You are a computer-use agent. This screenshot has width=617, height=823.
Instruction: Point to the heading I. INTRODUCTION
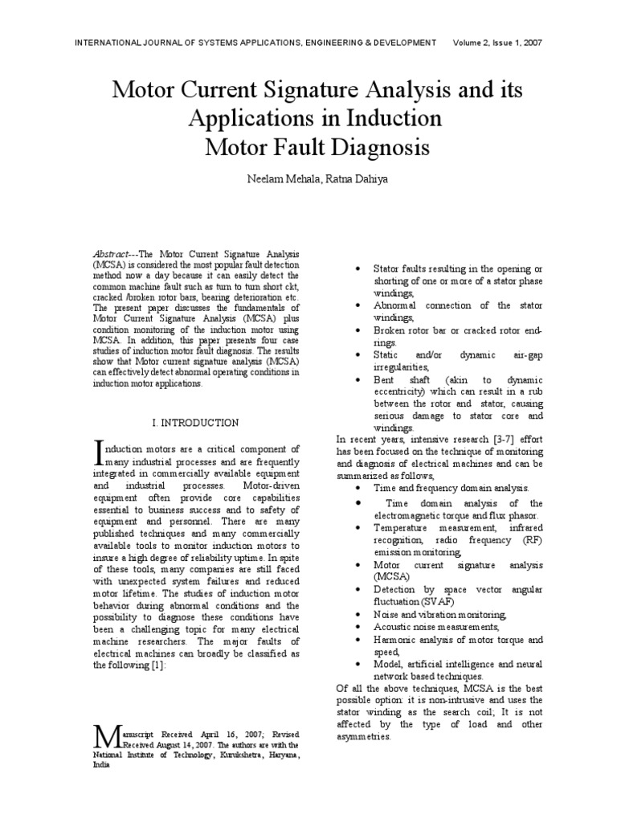(x=195, y=422)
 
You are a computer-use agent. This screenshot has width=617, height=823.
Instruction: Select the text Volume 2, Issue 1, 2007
(x=497, y=43)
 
